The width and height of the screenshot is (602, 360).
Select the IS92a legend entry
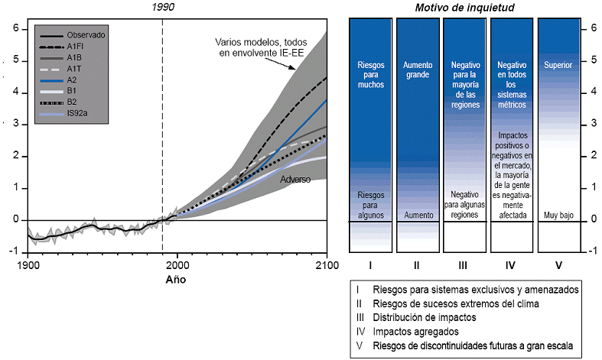[77, 112]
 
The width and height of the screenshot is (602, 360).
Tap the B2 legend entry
[71, 101]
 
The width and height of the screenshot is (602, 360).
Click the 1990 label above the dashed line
[164, 6]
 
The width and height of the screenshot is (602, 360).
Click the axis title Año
[175, 279]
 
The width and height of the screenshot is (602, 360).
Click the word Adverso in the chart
[295, 180]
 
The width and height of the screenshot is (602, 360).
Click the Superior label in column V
[558, 65]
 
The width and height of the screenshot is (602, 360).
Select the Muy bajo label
[558, 215]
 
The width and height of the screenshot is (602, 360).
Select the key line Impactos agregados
[416, 331]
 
